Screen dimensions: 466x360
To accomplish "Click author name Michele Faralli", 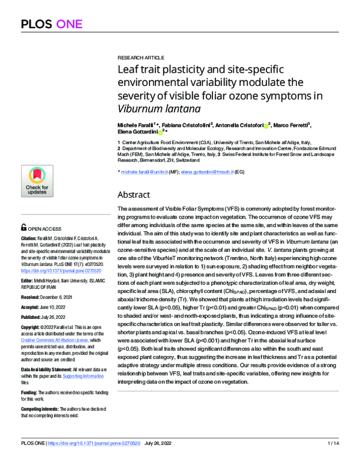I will [136, 124].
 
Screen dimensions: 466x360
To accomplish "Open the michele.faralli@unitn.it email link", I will [146, 172].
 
